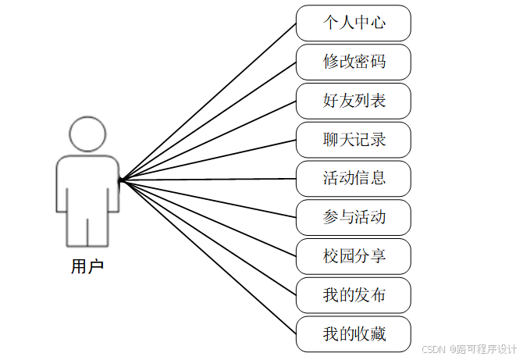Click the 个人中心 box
pyautogui.click(x=354, y=23)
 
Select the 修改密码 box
pyautogui.click(x=354, y=62)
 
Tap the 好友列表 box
pyautogui.click(x=354, y=101)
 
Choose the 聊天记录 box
pyautogui.click(x=354, y=140)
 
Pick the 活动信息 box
pyautogui.click(x=354, y=178)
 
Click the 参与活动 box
pyautogui.click(x=354, y=217)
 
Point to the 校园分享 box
pyautogui.click(x=354, y=256)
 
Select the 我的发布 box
pyautogui.click(x=354, y=295)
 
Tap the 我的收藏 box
pyautogui.click(x=354, y=334)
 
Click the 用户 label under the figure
pyautogui.click(x=87, y=266)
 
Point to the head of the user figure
pyautogui.click(x=87, y=134)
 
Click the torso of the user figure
pyautogui.click(x=87, y=184)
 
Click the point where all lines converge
pyautogui.click(x=120, y=180)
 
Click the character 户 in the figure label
pyautogui.click(x=96, y=266)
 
